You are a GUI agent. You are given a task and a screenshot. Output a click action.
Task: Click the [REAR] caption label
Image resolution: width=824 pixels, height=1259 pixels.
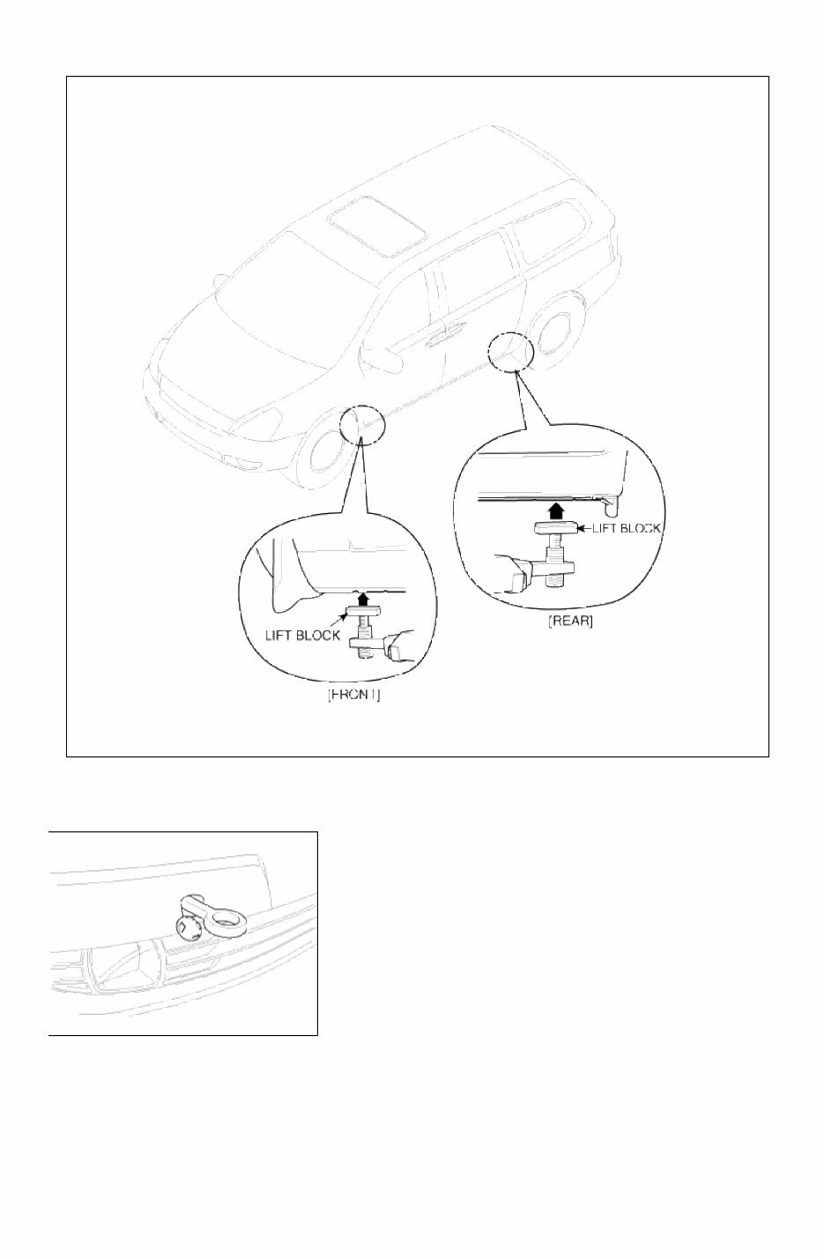tap(570, 621)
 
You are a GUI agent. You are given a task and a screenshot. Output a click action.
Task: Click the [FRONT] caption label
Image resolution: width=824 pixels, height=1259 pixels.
tap(354, 695)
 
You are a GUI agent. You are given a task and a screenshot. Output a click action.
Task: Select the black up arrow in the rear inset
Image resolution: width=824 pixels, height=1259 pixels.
tap(554, 510)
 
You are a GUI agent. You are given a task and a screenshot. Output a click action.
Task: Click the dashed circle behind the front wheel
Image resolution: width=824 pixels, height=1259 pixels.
tap(361, 425)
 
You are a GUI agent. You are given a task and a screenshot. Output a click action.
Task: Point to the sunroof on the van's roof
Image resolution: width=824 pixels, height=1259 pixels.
tap(375, 221)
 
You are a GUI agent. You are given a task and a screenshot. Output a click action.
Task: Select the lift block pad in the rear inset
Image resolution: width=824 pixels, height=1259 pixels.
tap(555, 528)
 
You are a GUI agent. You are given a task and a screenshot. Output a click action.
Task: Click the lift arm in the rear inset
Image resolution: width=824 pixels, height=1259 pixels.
tap(520, 574)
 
